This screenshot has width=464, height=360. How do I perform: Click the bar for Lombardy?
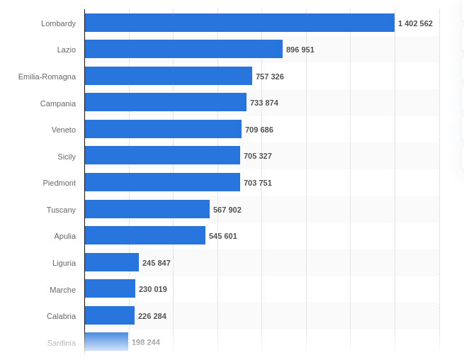point(239,23)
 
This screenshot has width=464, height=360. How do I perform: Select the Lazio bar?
point(183,49)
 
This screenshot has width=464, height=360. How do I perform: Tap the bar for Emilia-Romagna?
point(168,76)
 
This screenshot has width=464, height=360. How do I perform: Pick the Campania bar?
point(165,102)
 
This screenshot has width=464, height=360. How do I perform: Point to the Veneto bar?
point(163,129)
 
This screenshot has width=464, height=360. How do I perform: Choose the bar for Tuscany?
point(147,209)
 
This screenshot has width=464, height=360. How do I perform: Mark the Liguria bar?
point(111,262)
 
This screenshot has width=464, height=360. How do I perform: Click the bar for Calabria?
point(109,315)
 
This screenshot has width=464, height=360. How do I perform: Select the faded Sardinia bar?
point(106,342)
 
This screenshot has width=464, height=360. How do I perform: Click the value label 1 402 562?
point(415,23)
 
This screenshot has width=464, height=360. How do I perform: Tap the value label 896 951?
point(300,50)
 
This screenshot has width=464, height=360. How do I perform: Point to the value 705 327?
point(258,156)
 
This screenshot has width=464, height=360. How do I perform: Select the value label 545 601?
point(223,236)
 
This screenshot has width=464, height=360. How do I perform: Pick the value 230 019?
point(153,289)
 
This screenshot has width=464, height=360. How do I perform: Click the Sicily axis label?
point(67,157)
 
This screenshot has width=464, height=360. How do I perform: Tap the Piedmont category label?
point(59,183)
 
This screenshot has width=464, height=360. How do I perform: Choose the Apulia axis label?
point(64,236)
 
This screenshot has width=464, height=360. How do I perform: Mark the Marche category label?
point(62,290)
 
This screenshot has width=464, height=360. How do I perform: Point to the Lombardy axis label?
point(58,23)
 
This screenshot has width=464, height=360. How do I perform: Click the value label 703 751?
point(258,183)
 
